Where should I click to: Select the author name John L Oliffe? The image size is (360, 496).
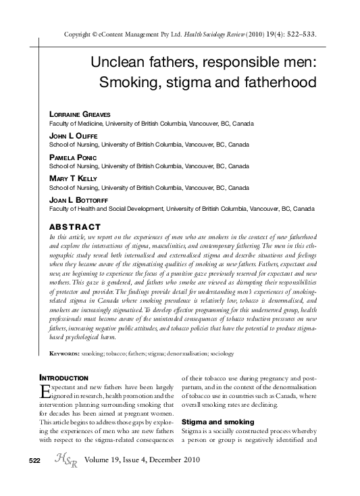tap(74, 137)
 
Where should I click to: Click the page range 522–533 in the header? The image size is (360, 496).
tap(298, 34)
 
